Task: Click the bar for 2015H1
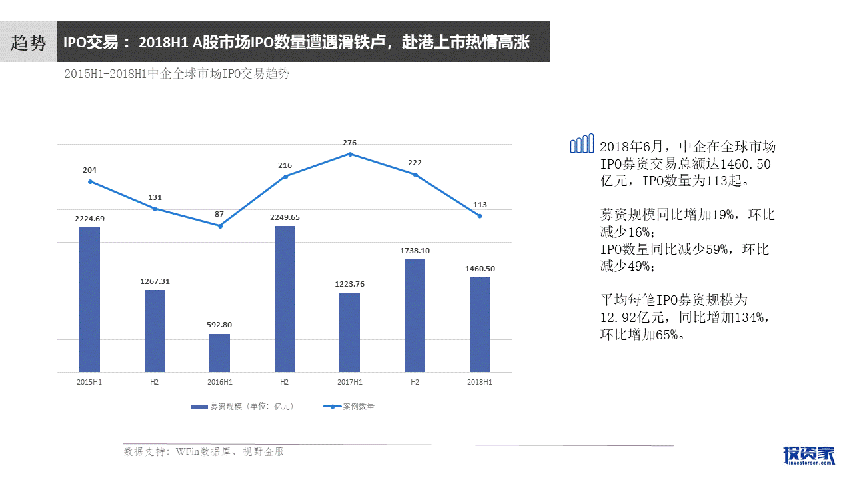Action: [89, 299]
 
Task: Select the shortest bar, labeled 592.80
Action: [219, 353]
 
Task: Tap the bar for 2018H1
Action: [479, 324]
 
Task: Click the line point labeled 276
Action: [350, 154]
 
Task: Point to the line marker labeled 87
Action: [220, 226]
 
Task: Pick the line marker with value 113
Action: [479, 215]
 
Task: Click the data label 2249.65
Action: [285, 217]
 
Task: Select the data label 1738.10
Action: [415, 251]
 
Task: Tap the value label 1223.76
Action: [350, 284]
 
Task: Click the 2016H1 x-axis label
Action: [220, 382]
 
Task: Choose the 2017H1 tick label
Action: [350, 382]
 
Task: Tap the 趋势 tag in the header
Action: [29, 43]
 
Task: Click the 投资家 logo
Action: [808, 455]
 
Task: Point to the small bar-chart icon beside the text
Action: [582, 143]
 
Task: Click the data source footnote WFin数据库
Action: [204, 451]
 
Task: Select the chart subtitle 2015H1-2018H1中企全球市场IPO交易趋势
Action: [177, 74]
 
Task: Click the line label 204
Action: [89, 170]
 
